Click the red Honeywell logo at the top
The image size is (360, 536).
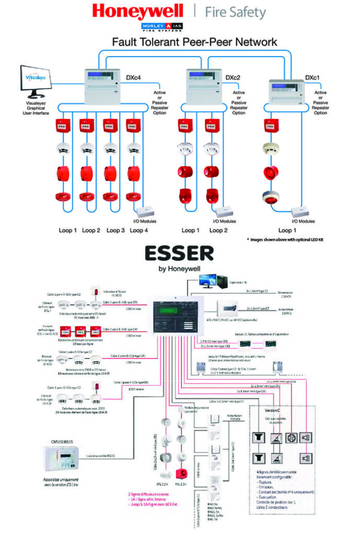pyautogui.click(x=138, y=11)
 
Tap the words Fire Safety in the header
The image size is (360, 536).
pyautogui.click(x=235, y=12)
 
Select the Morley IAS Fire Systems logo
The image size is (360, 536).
pyautogui.click(x=179, y=26)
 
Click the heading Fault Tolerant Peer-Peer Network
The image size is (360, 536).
pyautogui.click(x=180, y=41)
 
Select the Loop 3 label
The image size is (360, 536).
pyautogui.click(x=116, y=230)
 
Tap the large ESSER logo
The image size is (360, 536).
pyautogui.click(x=180, y=254)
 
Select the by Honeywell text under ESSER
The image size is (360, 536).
pyautogui.click(x=180, y=270)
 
